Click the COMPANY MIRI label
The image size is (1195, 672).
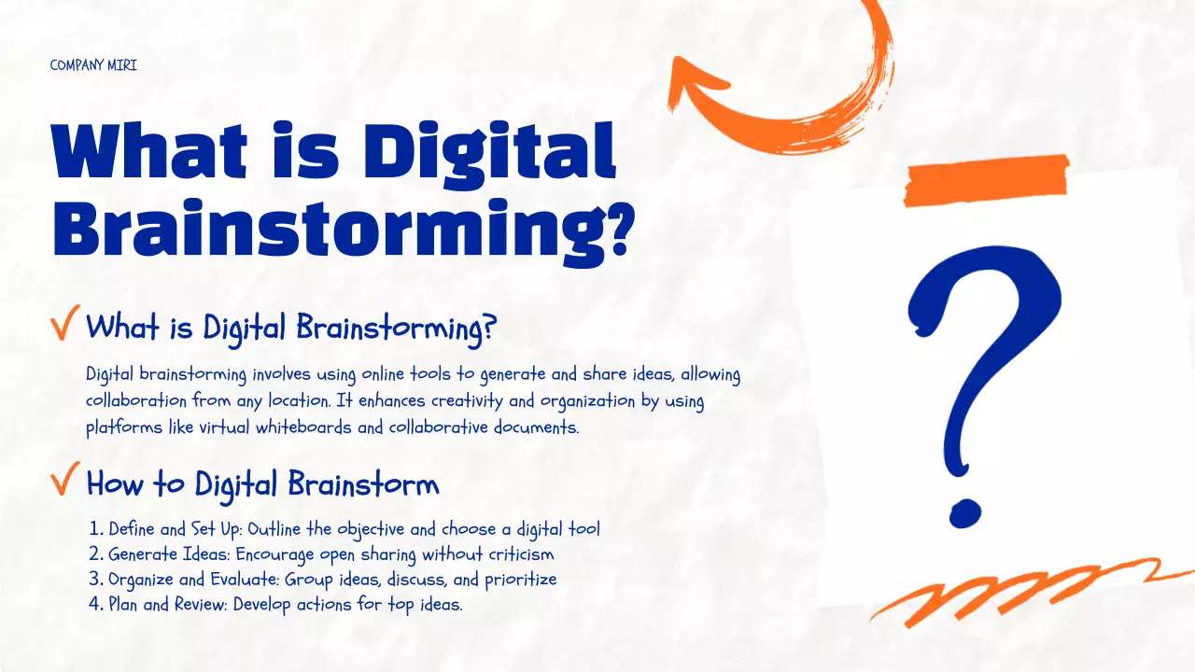(x=93, y=66)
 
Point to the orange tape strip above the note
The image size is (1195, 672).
(x=986, y=178)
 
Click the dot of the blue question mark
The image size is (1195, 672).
(x=963, y=512)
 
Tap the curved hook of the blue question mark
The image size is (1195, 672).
(x=985, y=308)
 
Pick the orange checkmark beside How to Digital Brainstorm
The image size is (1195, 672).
(x=65, y=482)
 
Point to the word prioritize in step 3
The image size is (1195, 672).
(x=519, y=580)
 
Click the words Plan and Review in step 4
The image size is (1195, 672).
(x=167, y=604)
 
